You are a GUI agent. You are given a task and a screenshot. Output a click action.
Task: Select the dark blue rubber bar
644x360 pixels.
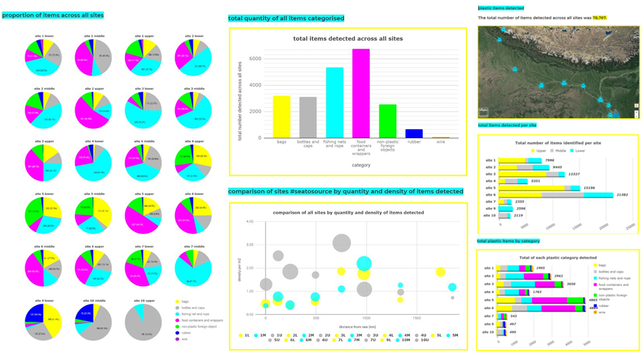[x=414, y=133]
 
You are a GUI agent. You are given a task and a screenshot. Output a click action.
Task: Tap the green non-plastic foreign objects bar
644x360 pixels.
[x=387, y=121]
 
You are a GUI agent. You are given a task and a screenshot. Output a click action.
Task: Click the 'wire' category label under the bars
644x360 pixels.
[x=440, y=142]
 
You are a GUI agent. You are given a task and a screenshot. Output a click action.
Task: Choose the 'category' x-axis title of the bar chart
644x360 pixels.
[x=361, y=164]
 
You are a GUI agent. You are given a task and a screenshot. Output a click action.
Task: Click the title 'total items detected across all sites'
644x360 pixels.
[x=347, y=39]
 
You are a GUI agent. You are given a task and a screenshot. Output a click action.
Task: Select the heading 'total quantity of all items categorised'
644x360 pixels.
[x=286, y=18]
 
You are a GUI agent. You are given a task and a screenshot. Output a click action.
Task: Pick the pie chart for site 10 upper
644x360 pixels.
[x=143, y=323]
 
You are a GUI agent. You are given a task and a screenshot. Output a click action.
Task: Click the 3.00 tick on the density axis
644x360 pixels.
[x=249, y=245]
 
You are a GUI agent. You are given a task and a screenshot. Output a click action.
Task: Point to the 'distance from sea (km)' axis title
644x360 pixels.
[x=349, y=326]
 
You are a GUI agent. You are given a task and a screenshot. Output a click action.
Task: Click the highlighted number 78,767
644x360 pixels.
[x=599, y=18]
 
